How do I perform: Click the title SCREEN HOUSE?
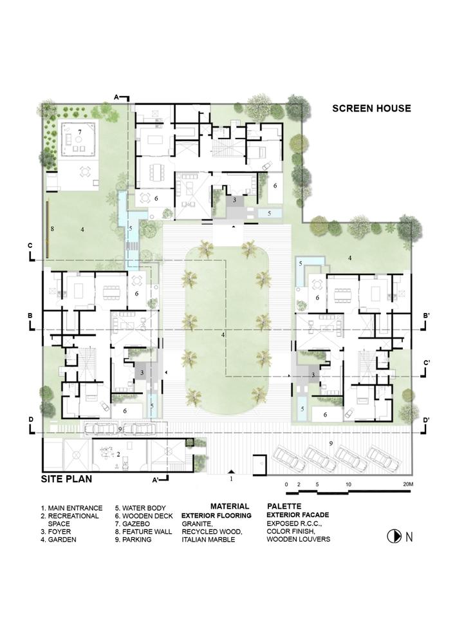[x=371, y=108]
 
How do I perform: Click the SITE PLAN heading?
[x=66, y=479]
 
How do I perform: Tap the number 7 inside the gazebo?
[x=80, y=132]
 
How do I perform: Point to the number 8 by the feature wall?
[x=52, y=229]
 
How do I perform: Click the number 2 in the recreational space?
[x=118, y=454]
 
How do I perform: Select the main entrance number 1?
[x=232, y=478]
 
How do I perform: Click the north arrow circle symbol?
[x=395, y=536]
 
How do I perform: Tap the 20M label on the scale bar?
[x=407, y=484]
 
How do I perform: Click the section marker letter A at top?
[x=116, y=97]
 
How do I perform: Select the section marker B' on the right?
[x=427, y=316]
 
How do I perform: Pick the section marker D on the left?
[x=31, y=420]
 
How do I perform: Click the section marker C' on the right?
[x=427, y=363]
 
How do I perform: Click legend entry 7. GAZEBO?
[x=133, y=524]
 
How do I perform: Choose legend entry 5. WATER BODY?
[x=140, y=508]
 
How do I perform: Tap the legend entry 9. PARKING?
[x=133, y=539]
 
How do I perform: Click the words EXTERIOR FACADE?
[x=298, y=515]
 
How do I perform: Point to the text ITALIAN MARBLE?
[x=209, y=539]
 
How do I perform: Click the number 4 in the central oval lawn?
[x=223, y=335]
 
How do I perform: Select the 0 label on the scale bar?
[x=286, y=485]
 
